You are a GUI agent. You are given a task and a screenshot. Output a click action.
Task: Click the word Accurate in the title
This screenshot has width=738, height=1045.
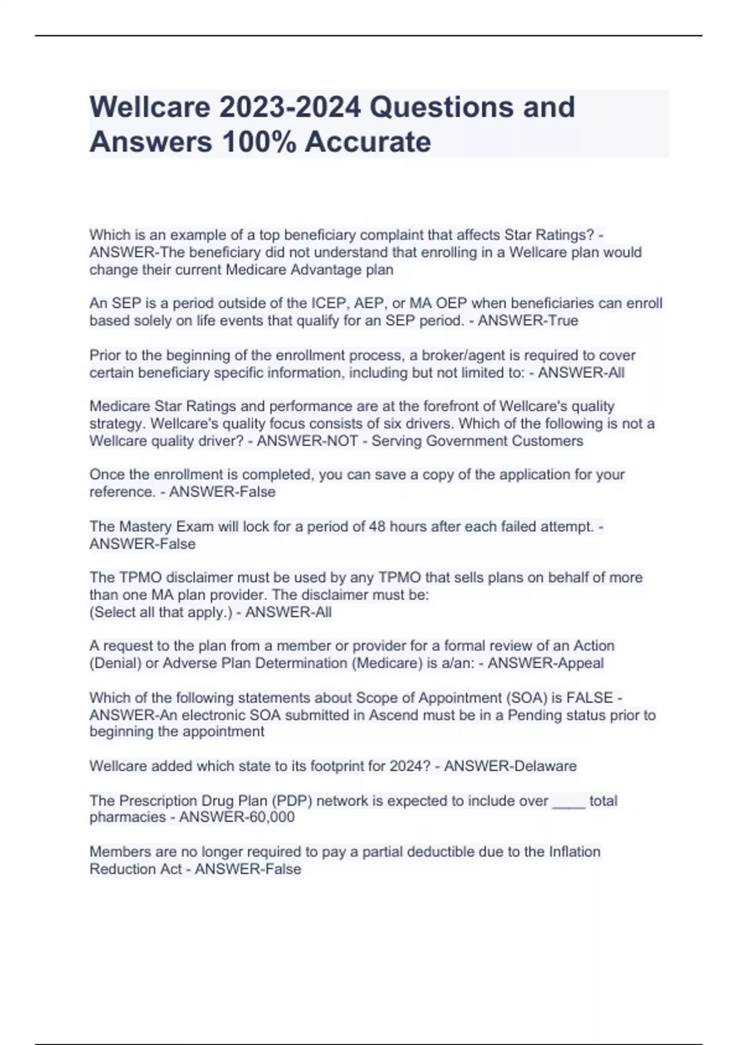[368, 141]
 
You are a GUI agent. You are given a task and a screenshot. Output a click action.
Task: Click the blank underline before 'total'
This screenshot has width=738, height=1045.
[569, 802]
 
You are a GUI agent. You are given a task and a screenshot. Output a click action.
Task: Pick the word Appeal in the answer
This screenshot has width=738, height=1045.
[581, 663]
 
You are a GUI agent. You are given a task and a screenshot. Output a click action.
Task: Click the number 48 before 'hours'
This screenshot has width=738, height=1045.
[376, 526]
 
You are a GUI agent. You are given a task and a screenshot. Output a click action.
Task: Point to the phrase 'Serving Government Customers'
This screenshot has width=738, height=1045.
[477, 441]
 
